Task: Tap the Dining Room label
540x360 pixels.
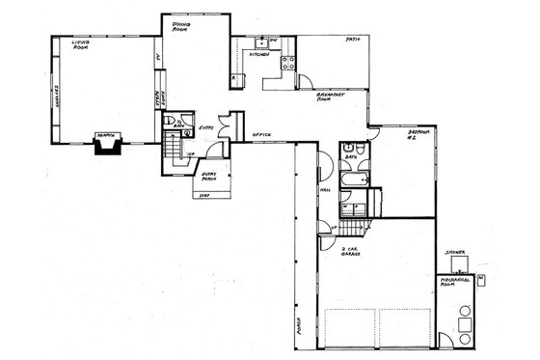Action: tap(181, 26)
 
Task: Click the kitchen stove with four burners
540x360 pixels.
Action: tap(286, 65)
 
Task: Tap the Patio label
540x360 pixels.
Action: tap(353, 40)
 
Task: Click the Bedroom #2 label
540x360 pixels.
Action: tap(418, 134)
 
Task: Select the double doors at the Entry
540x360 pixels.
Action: tap(224, 127)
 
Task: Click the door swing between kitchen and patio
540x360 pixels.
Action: tap(303, 81)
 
